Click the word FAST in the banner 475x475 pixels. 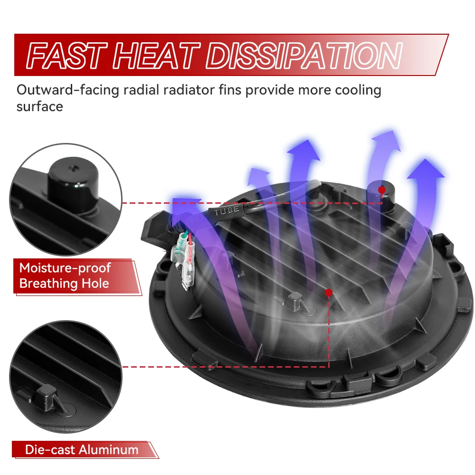[67, 56]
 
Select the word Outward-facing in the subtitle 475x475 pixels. [68, 90]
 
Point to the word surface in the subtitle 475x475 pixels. [40, 106]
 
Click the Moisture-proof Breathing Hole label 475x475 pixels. [65, 275]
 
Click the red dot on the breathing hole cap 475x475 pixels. [382, 190]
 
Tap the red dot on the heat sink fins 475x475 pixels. [329, 293]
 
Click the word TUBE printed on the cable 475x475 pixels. [227, 210]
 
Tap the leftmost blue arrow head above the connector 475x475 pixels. [185, 209]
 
